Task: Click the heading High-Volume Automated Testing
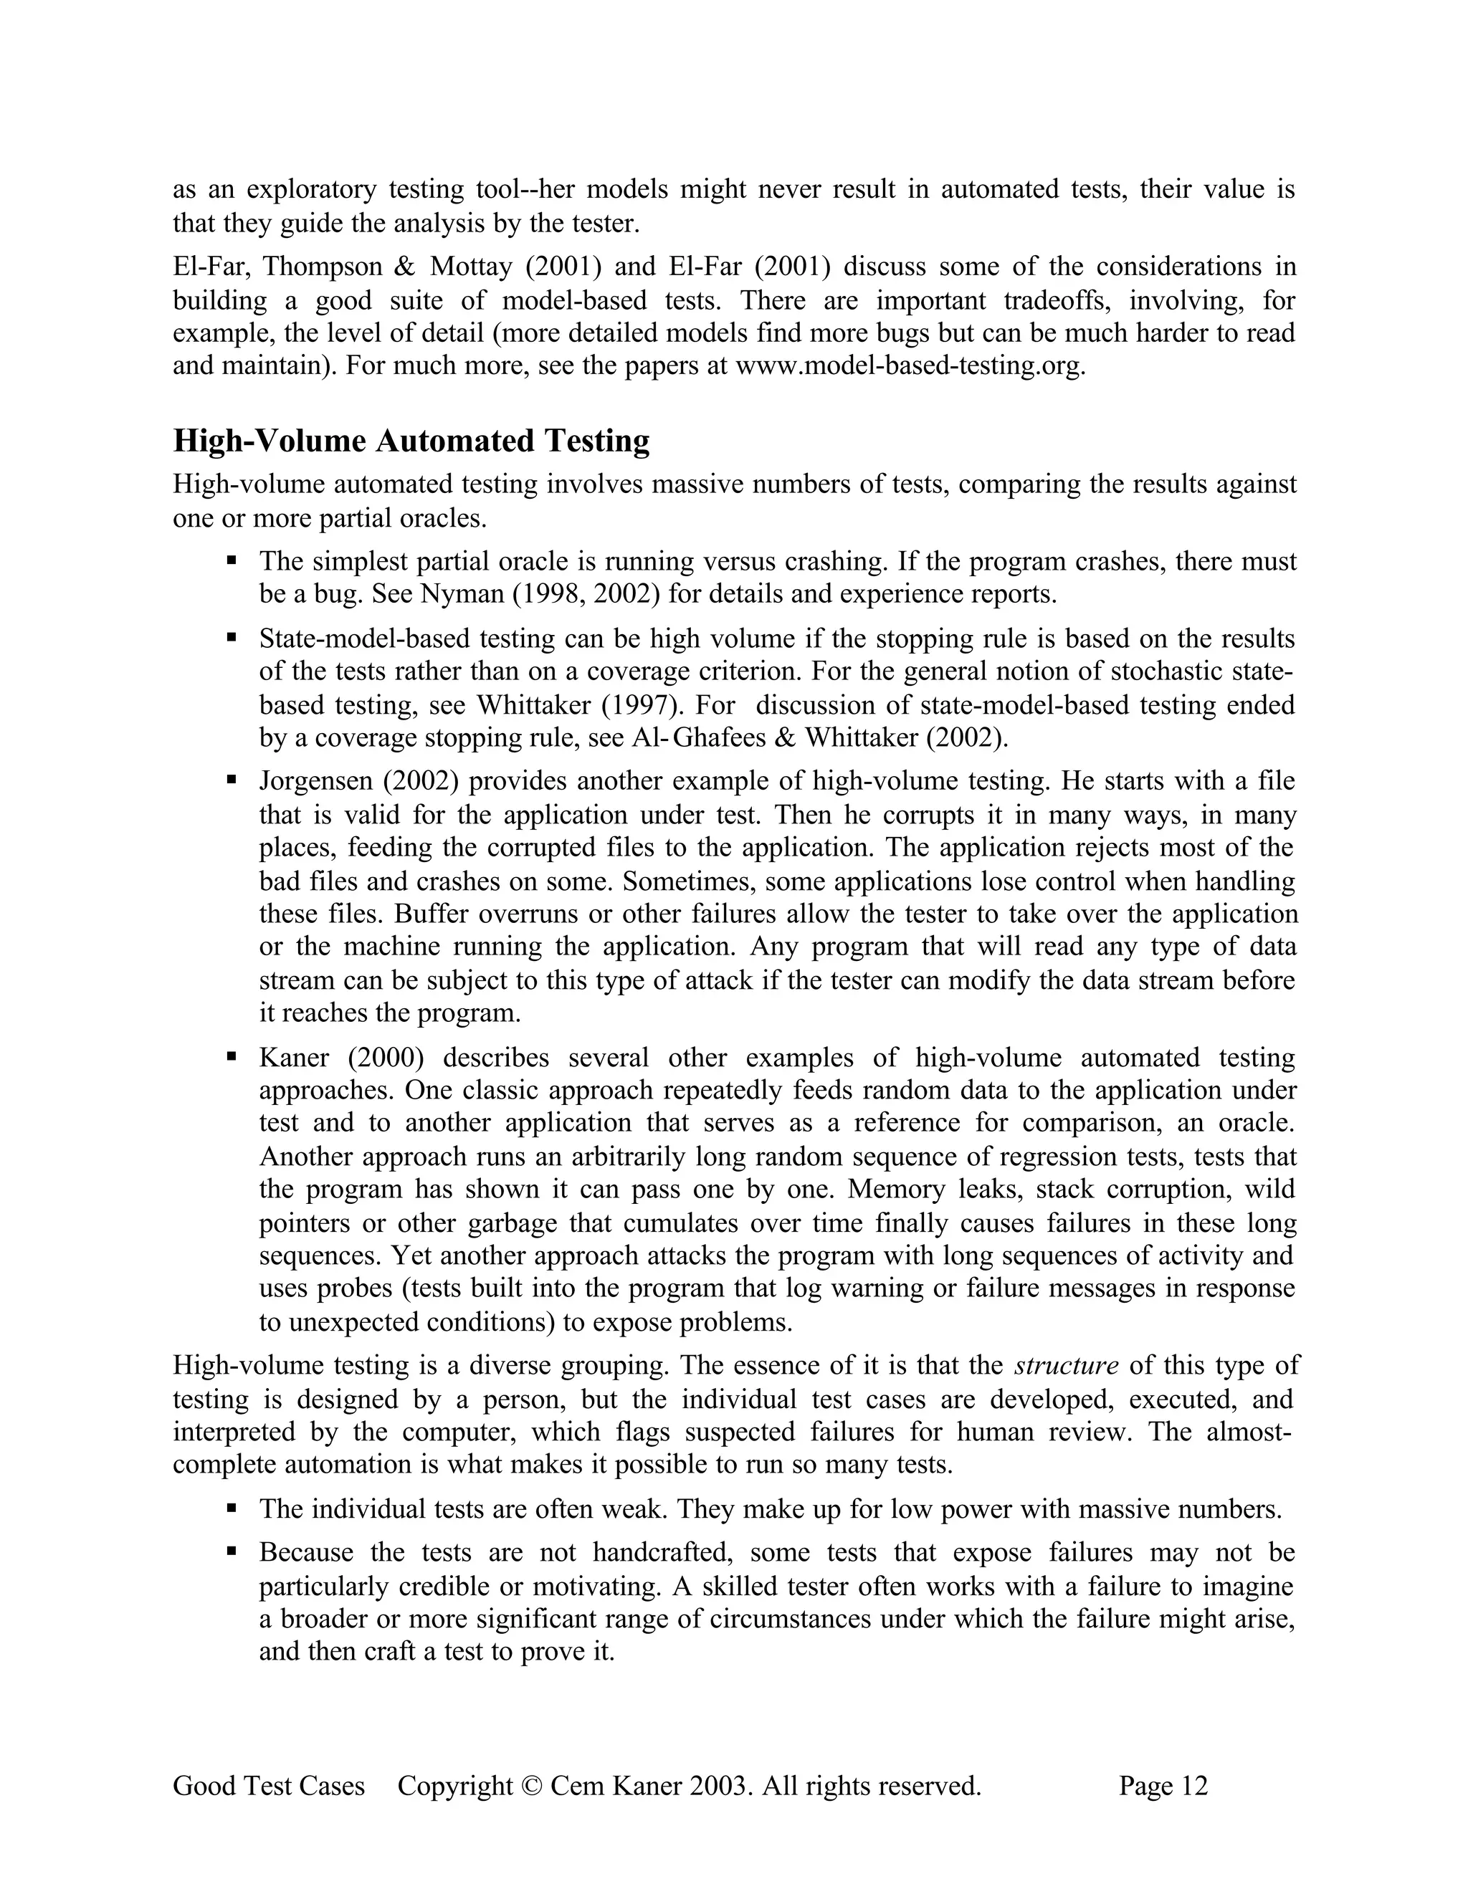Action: [411, 441]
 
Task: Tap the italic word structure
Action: [1066, 1365]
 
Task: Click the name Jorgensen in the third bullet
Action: [315, 781]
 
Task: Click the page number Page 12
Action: [1163, 1786]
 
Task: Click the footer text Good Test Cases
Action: [269, 1786]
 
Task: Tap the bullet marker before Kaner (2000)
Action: [232, 1056]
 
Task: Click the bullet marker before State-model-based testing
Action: [232, 637]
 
